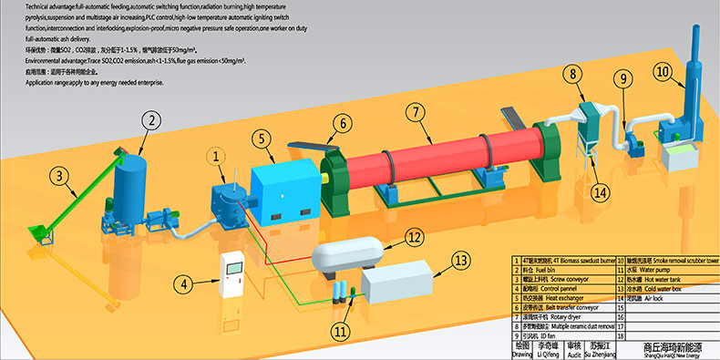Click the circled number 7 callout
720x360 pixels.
pos(415,115)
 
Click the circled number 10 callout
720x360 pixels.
pos(663,71)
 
